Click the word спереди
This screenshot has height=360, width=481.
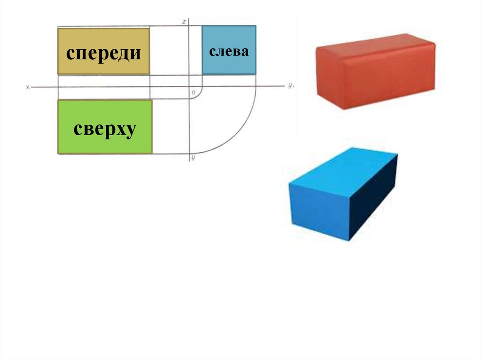click(103, 53)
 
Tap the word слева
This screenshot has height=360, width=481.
click(229, 51)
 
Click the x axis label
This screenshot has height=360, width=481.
click(28, 87)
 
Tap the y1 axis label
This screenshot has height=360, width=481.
click(291, 85)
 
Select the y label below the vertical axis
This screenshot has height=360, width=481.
click(193, 158)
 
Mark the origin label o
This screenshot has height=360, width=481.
click(193, 93)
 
